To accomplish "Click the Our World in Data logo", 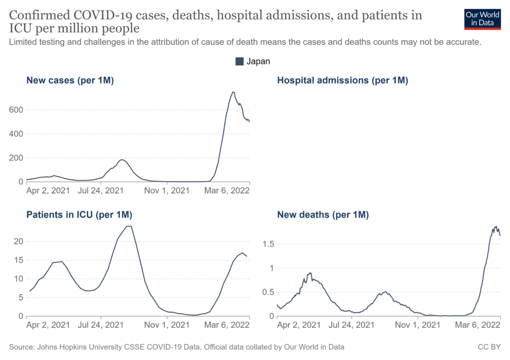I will (x=482, y=18).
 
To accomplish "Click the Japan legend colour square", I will (x=239, y=61).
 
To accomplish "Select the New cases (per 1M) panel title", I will (x=70, y=80).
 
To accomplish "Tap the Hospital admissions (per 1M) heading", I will (x=343, y=80).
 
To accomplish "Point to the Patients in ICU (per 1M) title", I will (x=79, y=215).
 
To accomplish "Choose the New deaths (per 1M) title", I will (x=323, y=215).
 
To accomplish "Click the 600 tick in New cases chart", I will (x=17, y=110).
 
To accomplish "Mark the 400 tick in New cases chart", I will (x=17, y=134).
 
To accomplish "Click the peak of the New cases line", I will (x=233, y=92).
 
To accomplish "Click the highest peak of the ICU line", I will (x=129, y=227).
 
